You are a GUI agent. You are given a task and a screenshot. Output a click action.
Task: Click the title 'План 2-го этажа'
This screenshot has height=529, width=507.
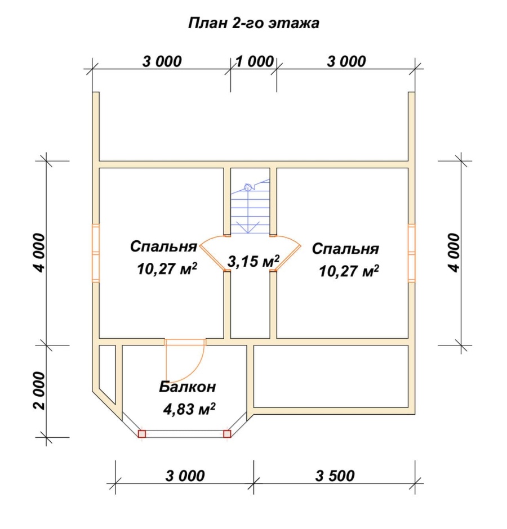[253, 23]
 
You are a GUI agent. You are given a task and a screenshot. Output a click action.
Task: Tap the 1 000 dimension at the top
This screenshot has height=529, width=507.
[254, 62]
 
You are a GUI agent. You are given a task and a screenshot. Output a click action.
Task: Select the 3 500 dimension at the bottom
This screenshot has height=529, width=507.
[335, 476]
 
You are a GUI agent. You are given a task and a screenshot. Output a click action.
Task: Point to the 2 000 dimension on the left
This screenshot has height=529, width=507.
[39, 391]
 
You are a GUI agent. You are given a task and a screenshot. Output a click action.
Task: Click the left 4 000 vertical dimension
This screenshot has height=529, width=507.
[39, 253]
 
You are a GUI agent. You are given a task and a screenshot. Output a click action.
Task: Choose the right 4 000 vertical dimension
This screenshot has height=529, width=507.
[455, 253]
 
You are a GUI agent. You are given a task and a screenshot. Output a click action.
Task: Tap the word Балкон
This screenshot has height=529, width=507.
[188, 387]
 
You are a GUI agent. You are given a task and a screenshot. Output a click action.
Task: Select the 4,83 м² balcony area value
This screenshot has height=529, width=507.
[189, 409]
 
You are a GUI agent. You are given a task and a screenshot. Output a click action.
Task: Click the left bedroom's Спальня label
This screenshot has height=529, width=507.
[163, 246]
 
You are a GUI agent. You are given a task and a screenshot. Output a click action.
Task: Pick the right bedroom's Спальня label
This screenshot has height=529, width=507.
[345, 249]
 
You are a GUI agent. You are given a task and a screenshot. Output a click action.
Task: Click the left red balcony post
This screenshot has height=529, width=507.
[142, 433]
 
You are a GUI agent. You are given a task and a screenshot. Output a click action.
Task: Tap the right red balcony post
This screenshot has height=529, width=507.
[228, 433]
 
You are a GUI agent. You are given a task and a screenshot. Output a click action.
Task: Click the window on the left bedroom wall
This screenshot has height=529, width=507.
[96, 253]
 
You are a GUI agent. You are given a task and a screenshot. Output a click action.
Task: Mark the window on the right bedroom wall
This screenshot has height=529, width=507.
[411, 253]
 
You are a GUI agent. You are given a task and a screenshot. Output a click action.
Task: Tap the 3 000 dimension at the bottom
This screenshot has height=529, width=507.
[185, 476]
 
